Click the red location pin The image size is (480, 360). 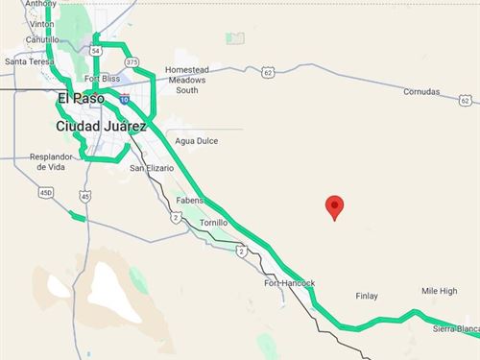[334, 205]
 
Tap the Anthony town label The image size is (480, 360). [40, 4]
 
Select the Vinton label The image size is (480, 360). [40, 20]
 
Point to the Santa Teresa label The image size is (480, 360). [29, 61]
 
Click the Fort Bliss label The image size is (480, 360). [102, 78]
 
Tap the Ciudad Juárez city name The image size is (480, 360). [101, 126]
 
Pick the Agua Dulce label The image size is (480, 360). [197, 140]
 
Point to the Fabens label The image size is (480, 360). [190, 200]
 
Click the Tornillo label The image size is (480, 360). [213, 222]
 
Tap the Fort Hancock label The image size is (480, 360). [289, 283]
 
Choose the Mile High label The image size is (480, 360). [439, 291]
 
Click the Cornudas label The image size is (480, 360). [420, 92]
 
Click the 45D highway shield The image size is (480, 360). [45, 192]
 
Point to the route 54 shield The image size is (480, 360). [97, 49]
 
